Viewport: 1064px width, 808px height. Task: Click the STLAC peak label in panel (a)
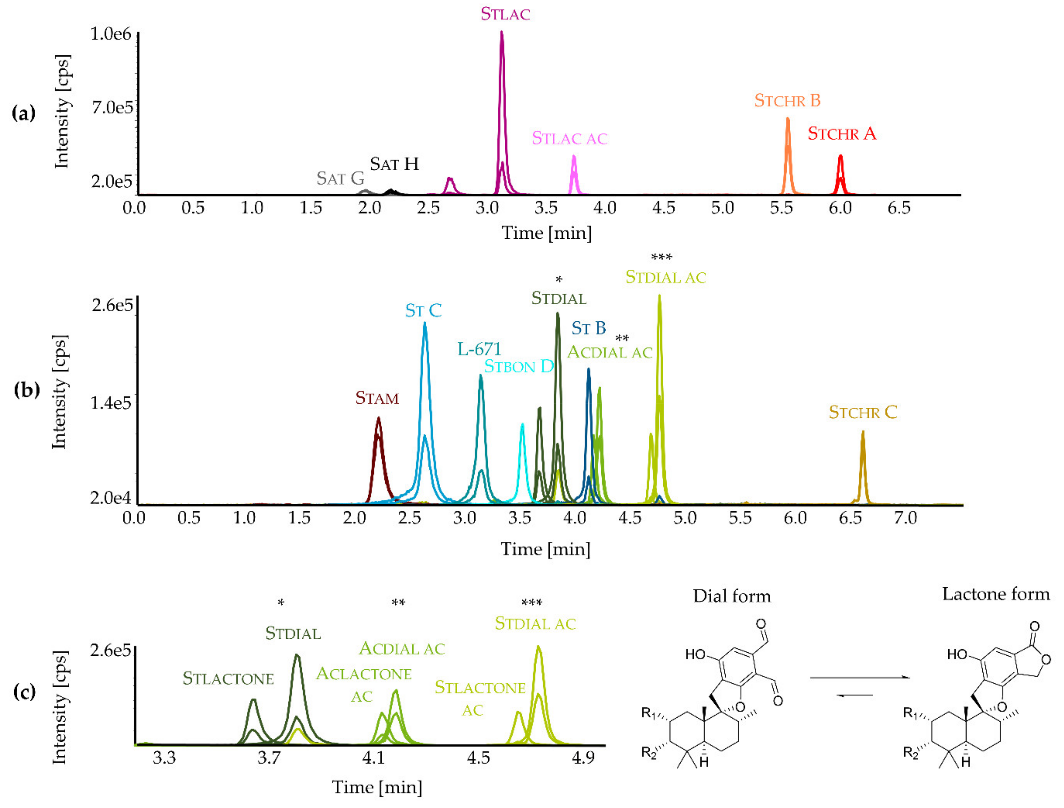[x=505, y=14]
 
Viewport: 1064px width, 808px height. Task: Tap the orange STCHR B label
[x=787, y=101]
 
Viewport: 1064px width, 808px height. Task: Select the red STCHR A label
[x=842, y=134]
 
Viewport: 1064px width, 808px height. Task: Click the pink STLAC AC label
[x=570, y=139]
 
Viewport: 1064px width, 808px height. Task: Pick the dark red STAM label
[x=377, y=398]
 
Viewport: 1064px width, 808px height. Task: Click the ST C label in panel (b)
[x=423, y=311]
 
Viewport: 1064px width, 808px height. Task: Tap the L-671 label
[x=479, y=349]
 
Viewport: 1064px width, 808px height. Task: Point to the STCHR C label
[x=863, y=413]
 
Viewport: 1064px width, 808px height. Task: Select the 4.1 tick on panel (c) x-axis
[x=373, y=759]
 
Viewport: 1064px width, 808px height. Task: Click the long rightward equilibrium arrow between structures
[x=860, y=678]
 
